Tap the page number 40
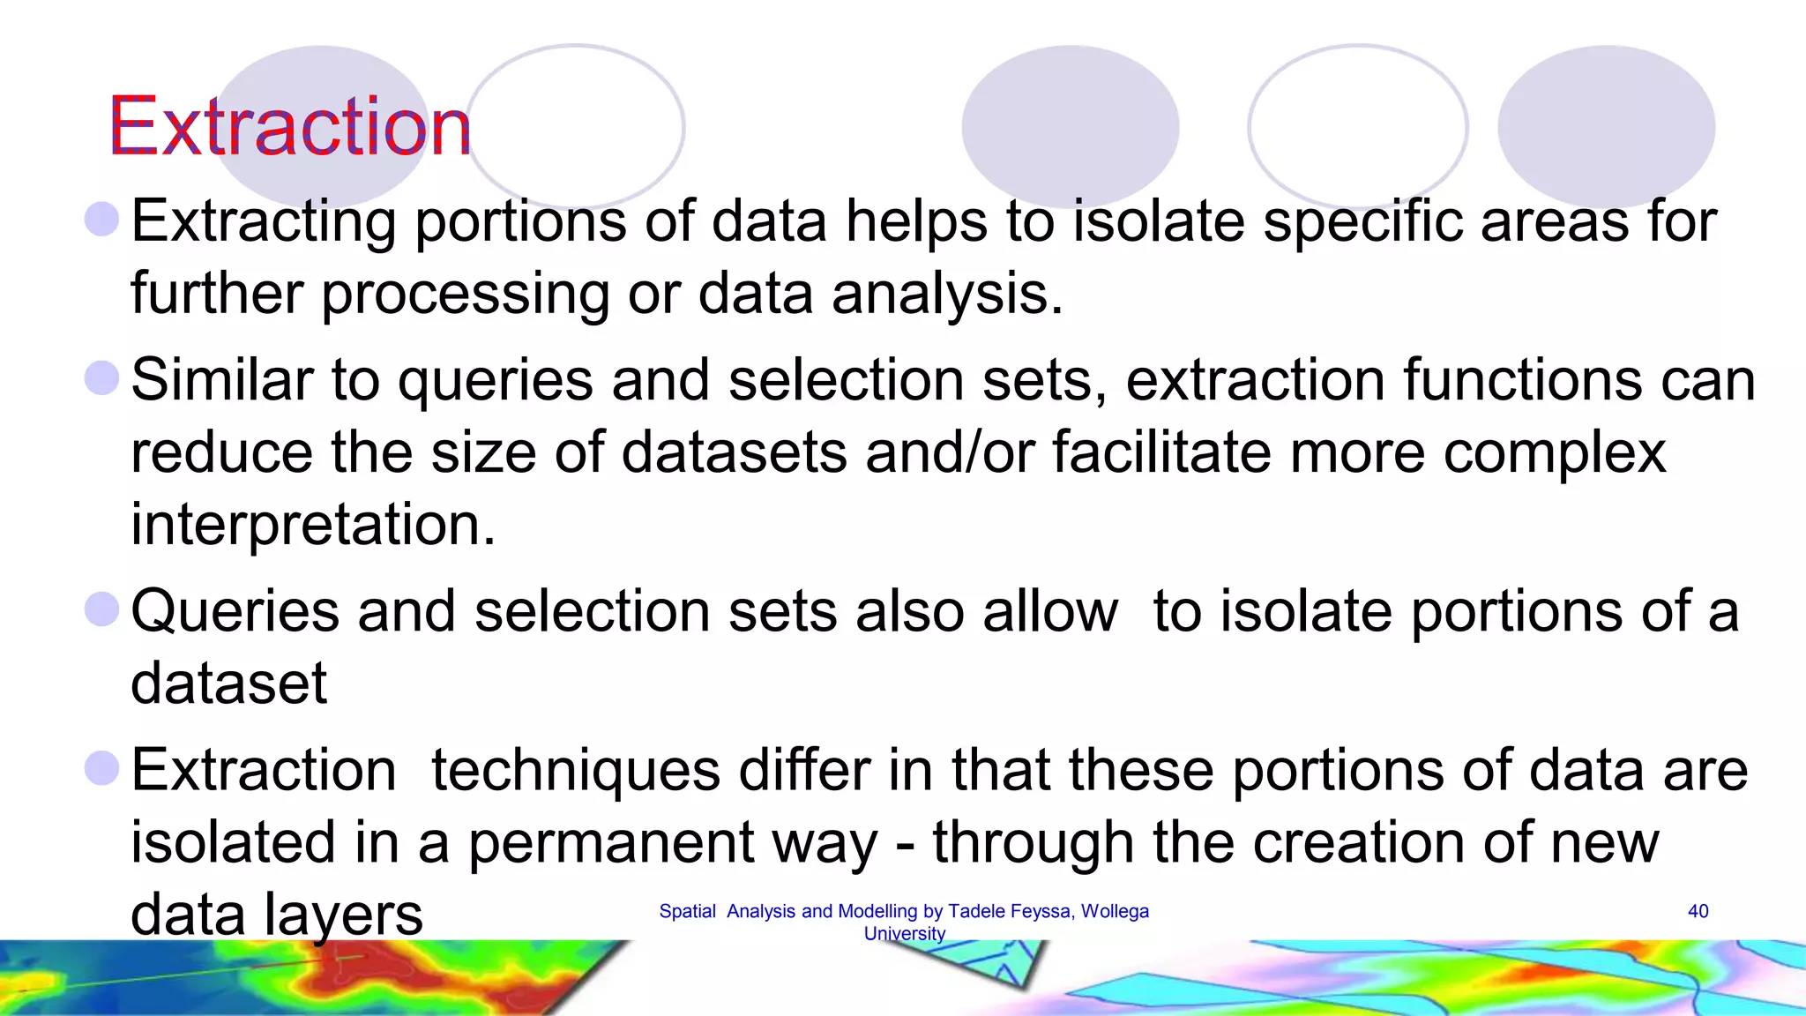coord(1698,911)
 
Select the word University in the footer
coord(904,933)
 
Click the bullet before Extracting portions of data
coord(101,219)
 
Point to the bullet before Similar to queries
coord(101,378)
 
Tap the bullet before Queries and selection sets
coord(101,609)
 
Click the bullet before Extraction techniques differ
coord(101,768)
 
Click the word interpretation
coord(313,525)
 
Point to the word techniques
coord(575,770)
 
